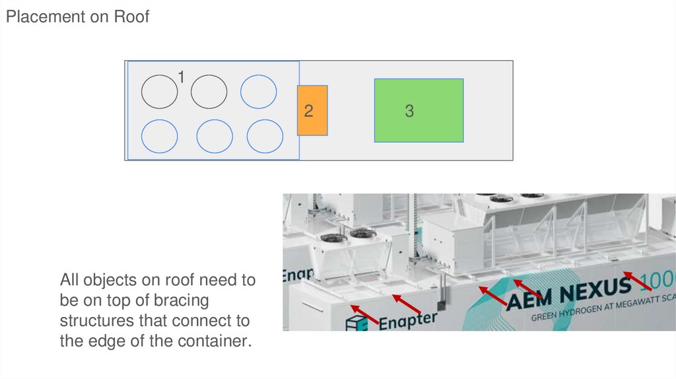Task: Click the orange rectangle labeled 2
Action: [312, 110]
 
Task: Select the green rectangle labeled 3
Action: [419, 110]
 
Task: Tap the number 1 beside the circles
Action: [181, 78]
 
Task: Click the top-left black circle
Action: [160, 92]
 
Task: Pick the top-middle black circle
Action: [209, 92]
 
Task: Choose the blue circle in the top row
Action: [258, 92]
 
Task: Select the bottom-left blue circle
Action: [160, 136]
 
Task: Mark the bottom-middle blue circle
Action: [215, 136]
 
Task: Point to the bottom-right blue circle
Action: [265, 136]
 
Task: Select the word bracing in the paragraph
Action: [178, 300]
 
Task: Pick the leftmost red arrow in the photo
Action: [365, 315]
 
